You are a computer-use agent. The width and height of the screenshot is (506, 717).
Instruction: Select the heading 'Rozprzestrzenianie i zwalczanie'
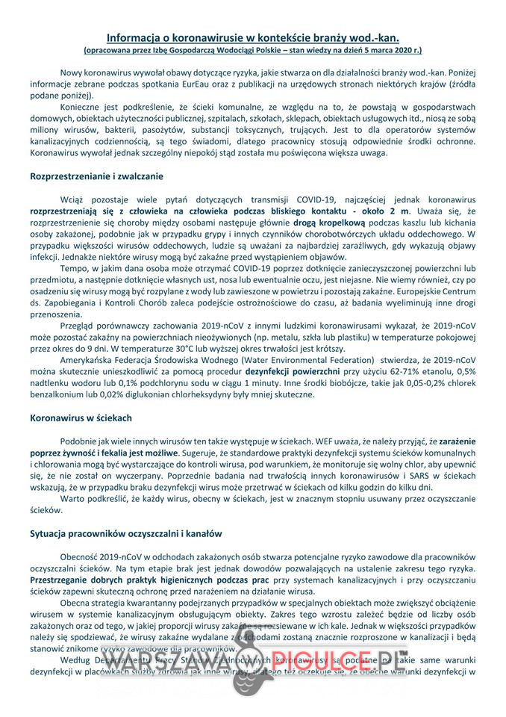click(x=97, y=177)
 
